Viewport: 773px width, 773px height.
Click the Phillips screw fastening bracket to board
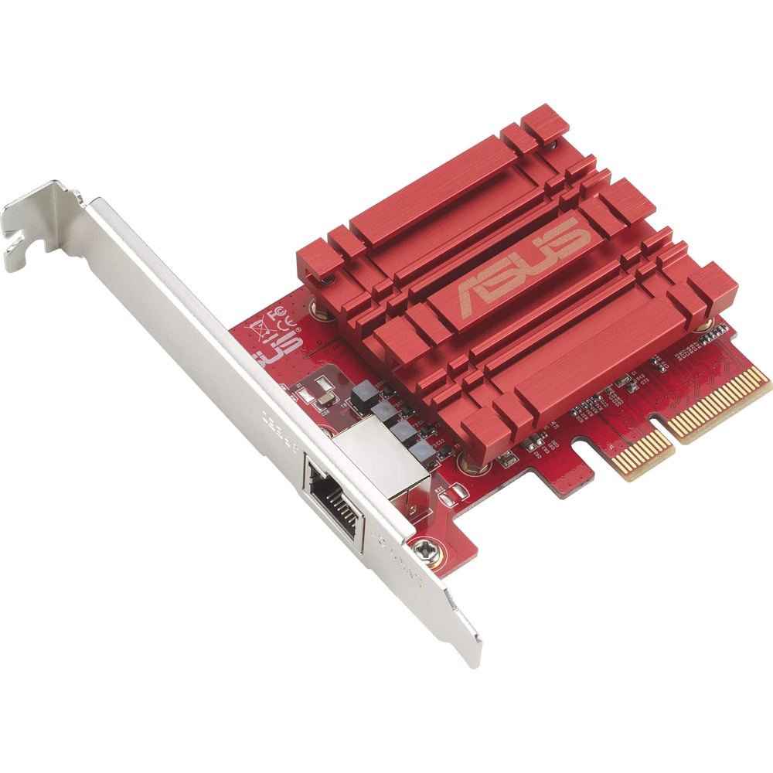tap(424, 550)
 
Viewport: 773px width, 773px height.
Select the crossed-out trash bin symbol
tap(261, 335)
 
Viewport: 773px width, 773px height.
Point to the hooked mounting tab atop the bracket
tap(31, 224)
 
